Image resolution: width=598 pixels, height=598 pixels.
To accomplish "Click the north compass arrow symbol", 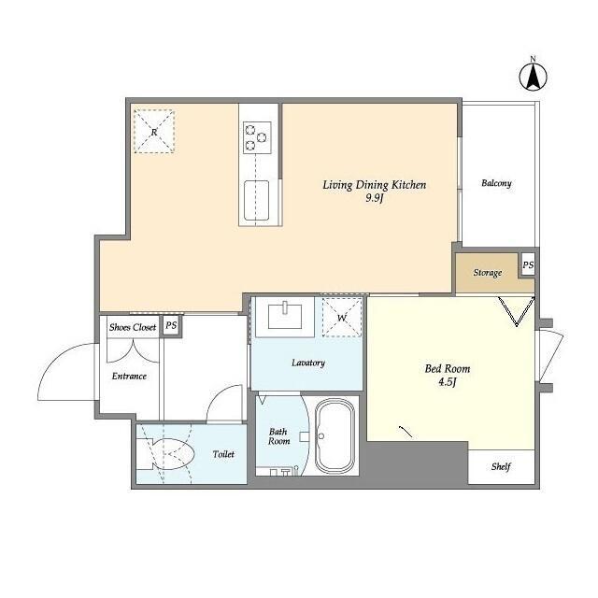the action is (x=533, y=76).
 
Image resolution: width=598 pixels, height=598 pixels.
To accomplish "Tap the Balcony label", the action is (x=496, y=183).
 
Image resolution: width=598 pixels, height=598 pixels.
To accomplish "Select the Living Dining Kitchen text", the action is (x=374, y=185).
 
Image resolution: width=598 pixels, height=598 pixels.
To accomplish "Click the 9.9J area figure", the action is (x=374, y=198).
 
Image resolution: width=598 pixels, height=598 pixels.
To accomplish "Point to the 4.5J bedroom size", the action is (x=448, y=382).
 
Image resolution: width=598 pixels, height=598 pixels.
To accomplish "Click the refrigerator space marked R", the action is (x=154, y=132).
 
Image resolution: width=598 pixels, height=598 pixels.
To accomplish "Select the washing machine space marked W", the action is (x=342, y=318).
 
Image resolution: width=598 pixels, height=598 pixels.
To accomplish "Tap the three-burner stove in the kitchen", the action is (x=257, y=137).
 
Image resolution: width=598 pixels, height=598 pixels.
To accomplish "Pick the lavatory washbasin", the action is (x=285, y=316).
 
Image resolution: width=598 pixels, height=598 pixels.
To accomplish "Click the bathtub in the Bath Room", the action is (x=335, y=436).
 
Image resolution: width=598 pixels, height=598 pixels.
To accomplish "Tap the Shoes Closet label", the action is (x=133, y=327).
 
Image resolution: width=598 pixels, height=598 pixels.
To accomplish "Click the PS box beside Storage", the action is (x=528, y=265).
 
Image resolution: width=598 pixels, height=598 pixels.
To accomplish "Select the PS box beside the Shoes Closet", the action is (x=171, y=326).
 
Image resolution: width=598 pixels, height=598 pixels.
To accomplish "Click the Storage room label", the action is (x=488, y=273).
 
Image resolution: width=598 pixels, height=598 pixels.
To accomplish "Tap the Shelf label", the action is (x=501, y=466).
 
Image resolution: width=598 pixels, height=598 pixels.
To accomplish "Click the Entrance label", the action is (x=129, y=377).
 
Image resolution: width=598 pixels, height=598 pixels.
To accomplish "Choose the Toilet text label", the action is (x=223, y=454).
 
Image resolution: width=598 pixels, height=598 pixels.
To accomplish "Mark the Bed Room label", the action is (x=448, y=369).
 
